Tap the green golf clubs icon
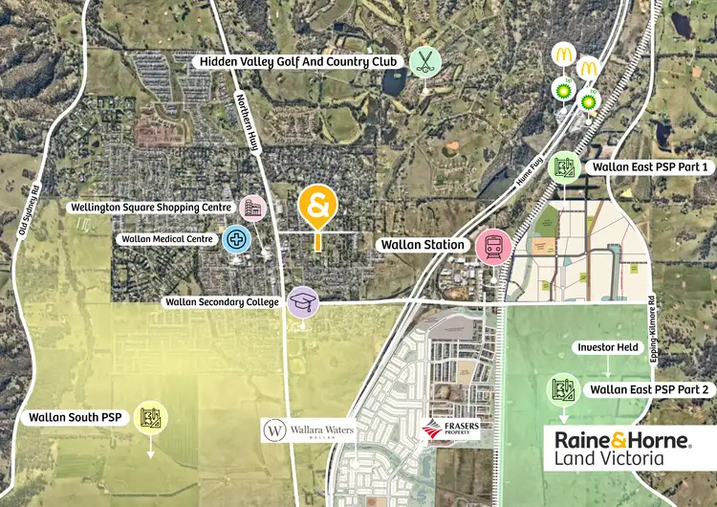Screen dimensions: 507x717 click(x=424, y=62)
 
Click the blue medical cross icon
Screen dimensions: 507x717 click(x=236, y=239)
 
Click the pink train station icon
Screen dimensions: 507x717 click(x=493, y=246)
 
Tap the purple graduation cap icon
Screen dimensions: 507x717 click(x=303, y=302)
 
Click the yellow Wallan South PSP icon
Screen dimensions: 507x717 click(x=150, y=416)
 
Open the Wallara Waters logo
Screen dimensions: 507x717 click(x=310, y=430)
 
